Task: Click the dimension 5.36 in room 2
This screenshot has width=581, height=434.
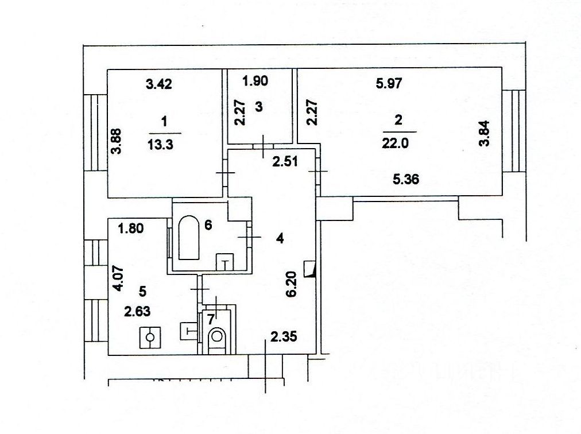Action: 405,179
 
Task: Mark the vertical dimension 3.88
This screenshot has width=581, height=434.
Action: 117,141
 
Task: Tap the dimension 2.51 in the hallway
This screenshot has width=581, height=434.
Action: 284,162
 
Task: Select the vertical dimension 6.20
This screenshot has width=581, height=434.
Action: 291,284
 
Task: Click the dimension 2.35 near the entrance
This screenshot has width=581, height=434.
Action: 284,336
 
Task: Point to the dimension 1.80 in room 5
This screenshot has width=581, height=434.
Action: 130,230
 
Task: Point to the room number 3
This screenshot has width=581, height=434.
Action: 259,106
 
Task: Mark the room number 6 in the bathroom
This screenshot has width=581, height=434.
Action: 208,225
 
